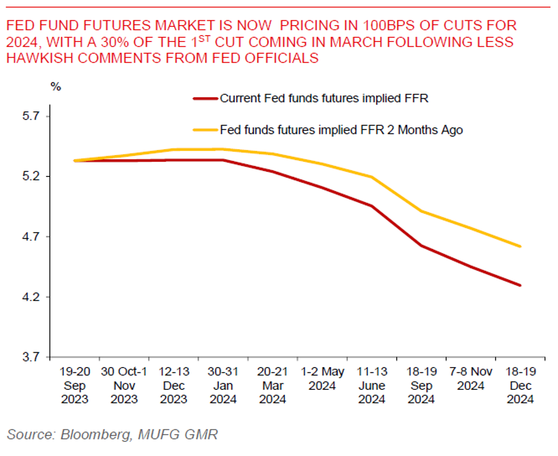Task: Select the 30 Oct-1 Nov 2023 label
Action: [x=124, y=386]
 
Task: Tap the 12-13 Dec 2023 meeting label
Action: [x=174, y=386]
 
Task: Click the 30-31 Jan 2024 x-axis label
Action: [x=223, y=386]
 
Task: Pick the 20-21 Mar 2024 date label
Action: [x=272, y=386]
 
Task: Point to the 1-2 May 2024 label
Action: [x=322, y=379]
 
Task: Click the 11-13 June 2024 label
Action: [x=372, y=386]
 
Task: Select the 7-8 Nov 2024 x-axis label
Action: [x=471, y=379]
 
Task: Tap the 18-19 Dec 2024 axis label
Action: [x=520, y=386]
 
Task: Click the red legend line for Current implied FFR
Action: [x=205, y=99]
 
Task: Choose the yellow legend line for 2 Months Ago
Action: [x=205, y=130]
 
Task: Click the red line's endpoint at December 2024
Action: [x=520, y=285]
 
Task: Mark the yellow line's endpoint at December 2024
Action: [x=520, y=246]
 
